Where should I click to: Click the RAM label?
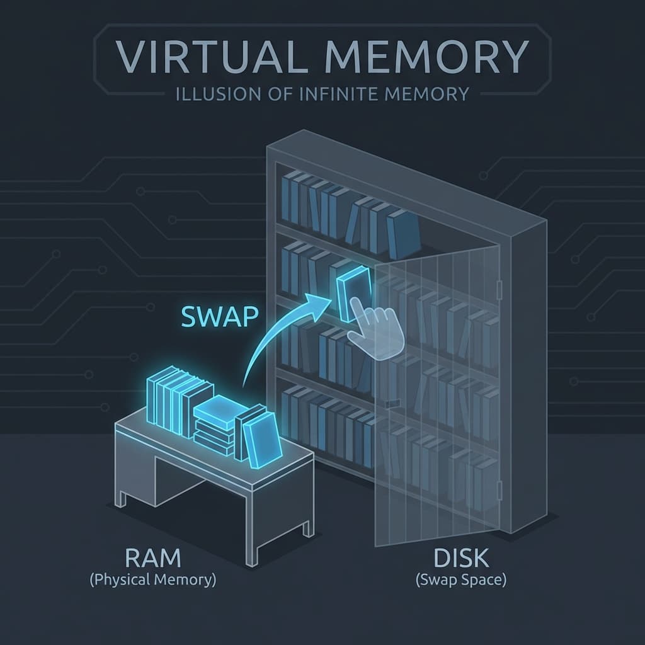tap(152, 559)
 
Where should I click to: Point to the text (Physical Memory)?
tap(152, 580)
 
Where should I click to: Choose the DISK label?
tap(461, 559)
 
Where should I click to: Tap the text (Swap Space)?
tap(461, 580)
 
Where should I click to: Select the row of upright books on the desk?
tap(170, 400)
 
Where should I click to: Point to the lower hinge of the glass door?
tap(499, 488)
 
